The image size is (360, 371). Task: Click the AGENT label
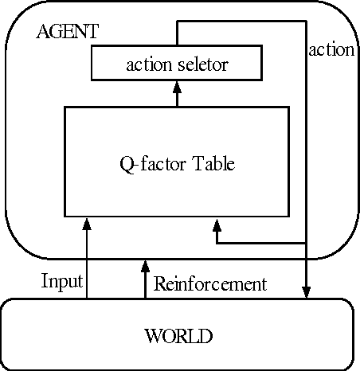[x=68, y=33]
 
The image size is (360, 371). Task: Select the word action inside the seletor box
[x=148, y=64]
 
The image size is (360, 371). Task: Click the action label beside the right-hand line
[x=331, y=50]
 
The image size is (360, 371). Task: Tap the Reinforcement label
[x=209, y=283]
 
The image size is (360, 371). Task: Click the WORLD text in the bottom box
[x=178, y=336]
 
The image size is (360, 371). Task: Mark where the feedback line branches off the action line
[x=307, y=242]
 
